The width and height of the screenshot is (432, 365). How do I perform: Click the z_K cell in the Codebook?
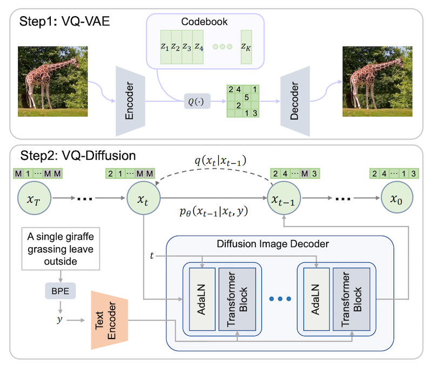pyautogui.click(x=247, y=47)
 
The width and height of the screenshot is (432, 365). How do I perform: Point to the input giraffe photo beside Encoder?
pyautogui.click(x=53, y=77)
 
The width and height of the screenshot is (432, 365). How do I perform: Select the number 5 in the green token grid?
pyautogui.click(x=246, y=98)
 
